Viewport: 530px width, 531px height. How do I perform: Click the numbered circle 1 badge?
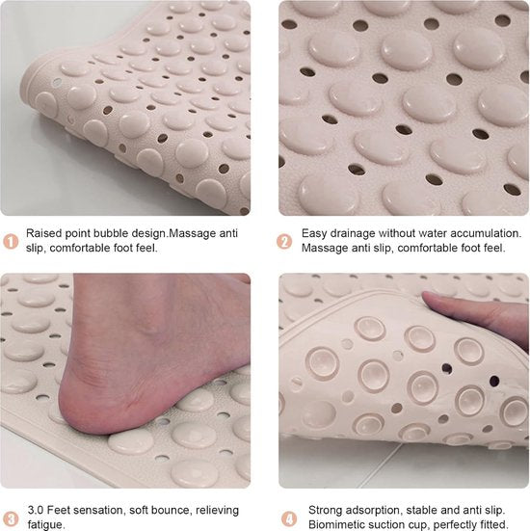11,240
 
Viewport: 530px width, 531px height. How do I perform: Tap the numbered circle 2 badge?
286,240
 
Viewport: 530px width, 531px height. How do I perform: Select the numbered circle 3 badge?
11,518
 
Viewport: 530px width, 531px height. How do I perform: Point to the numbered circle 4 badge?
286,518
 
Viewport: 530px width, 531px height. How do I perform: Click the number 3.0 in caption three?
35,510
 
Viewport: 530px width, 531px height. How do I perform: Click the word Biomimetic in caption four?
339,525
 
